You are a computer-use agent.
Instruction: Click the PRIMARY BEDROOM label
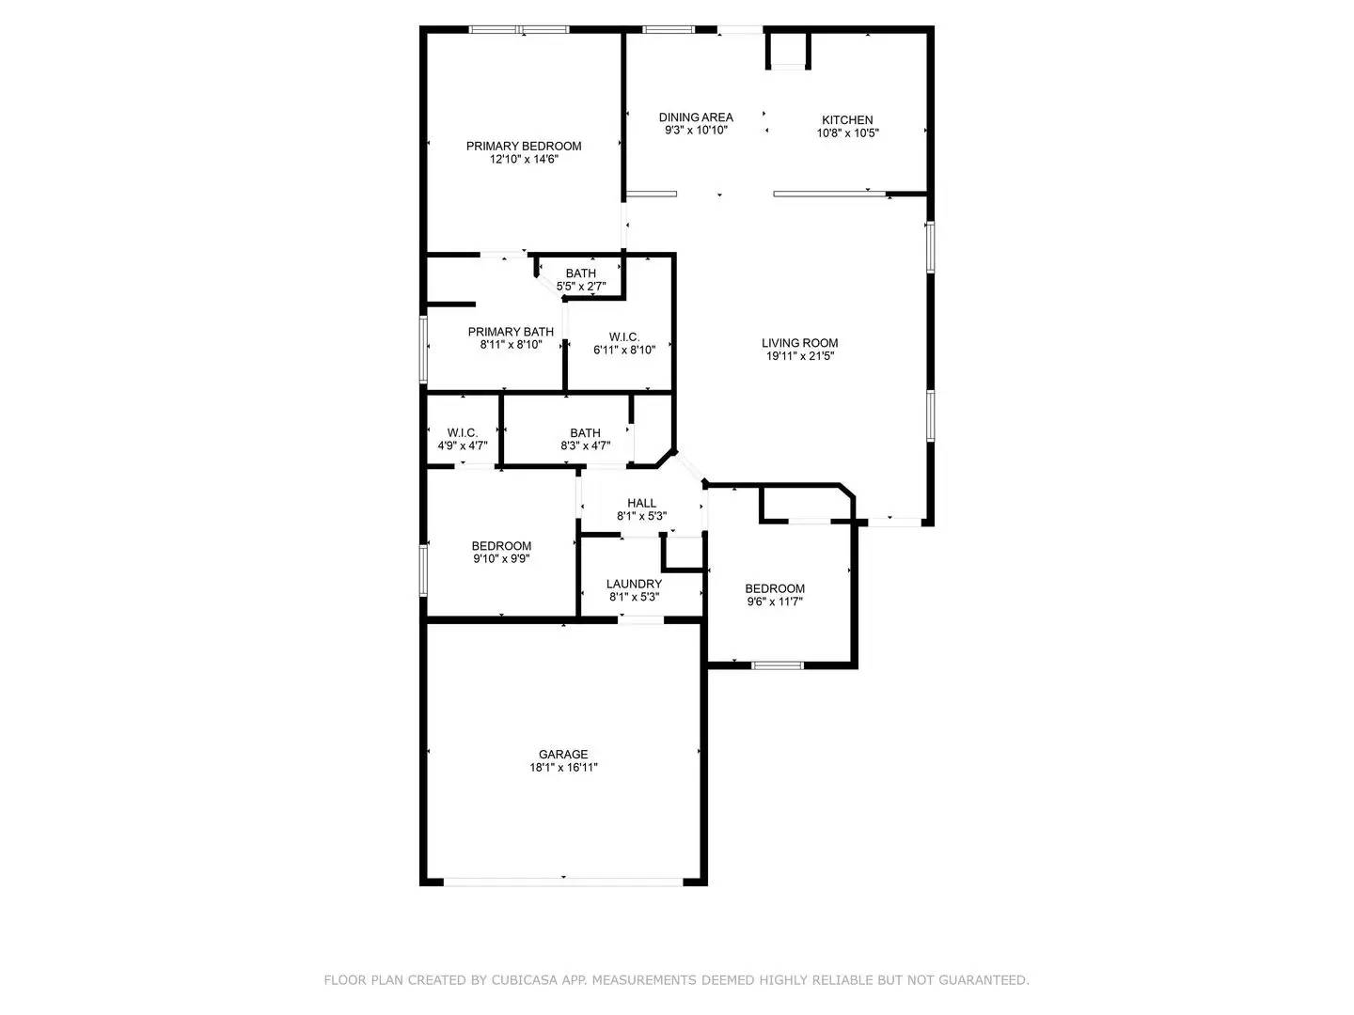(524, 146)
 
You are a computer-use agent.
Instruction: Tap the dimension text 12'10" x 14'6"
(524, 160)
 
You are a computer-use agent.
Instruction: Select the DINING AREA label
(696, 117)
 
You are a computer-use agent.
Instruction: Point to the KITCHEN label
(847, 120)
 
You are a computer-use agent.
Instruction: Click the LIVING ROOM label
(799, 343)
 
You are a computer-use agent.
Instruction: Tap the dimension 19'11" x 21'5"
(799, 356)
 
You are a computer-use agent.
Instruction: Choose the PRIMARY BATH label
(511, 332)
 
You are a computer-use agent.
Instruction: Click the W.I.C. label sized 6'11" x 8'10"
(623, 337)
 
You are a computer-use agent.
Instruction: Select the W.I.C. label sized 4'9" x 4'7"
(462, 433)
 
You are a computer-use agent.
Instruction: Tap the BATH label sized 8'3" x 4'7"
(585, 433)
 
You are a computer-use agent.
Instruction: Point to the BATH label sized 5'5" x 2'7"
(580, 273)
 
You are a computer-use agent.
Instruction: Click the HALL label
(641, 503)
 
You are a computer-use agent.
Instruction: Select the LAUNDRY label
(634, 584)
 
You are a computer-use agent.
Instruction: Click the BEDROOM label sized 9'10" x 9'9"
(501, 546)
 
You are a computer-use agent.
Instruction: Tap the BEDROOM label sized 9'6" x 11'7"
(776, 588)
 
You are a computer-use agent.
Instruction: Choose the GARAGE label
(563, 754)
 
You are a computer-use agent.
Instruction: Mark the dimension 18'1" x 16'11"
(563, 768)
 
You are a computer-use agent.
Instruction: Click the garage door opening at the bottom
(563, 882)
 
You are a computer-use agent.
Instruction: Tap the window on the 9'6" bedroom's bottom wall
(778, 665)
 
